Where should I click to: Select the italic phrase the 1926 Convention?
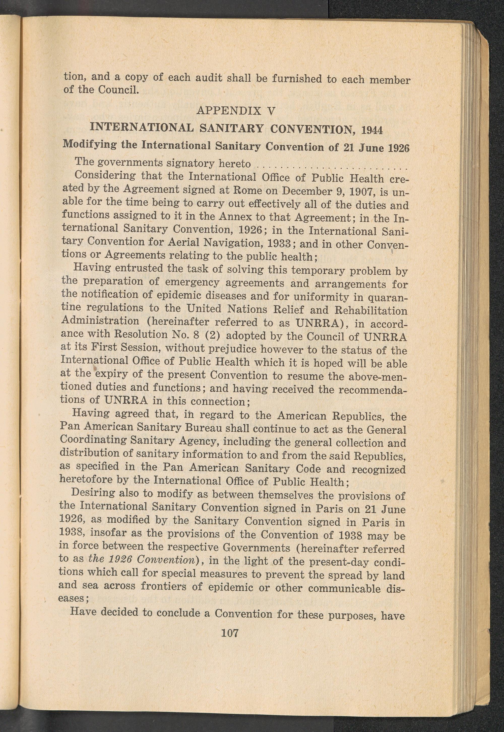click(x=141, y=559)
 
